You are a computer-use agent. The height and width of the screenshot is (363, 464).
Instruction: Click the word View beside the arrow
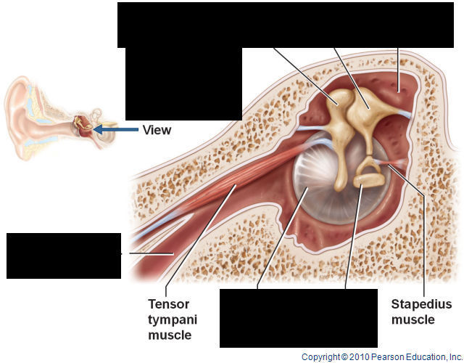[x=157, y=130]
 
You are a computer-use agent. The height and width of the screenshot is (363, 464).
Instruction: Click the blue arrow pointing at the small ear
[x=117, y=130]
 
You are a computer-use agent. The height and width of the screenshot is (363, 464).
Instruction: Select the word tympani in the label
[x=173, y=319]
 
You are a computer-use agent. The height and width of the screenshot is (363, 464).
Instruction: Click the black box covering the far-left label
[x=64, y=256]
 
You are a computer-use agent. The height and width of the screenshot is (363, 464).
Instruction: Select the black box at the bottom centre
[x=299, y=318]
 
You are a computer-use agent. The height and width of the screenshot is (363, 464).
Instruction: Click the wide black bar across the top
[x=290, y=24]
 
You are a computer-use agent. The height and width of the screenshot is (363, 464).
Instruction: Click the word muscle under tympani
[x=170, y=335]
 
